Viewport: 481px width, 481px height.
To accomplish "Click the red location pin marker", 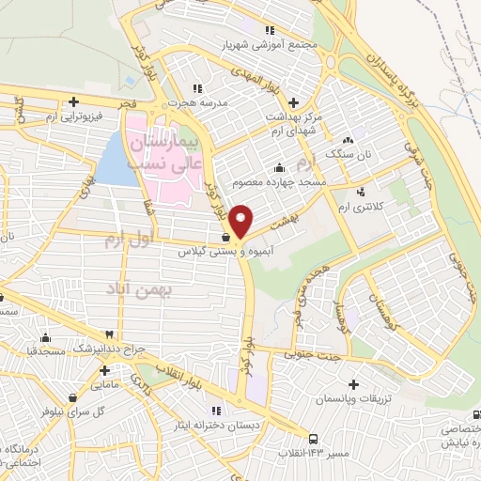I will click(x=242, y=221).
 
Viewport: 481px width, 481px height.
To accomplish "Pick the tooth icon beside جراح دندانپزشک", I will click(x=110, y=334).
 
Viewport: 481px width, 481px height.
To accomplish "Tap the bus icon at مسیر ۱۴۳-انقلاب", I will click(x=313, y=438).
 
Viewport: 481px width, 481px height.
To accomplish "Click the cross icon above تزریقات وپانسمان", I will click(x=353, y=384).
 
